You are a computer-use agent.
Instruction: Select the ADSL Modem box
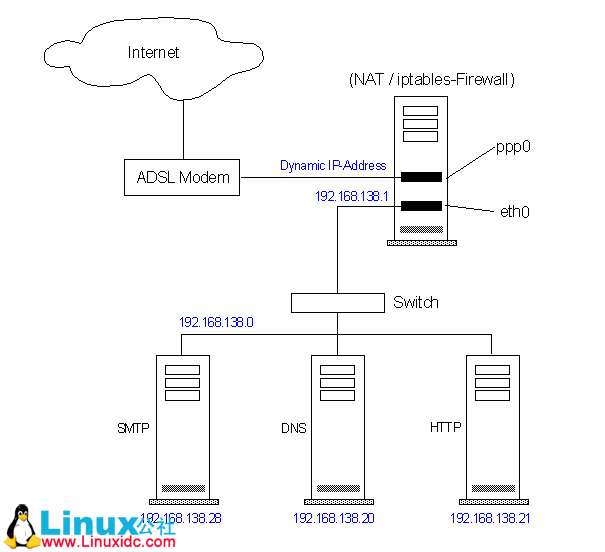pyautogui.click(x=183, y=178)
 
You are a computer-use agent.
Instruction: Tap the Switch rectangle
pyautogui.click(x=337, y=302)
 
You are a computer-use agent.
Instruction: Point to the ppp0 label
pyautogui.click(x=513, y=146)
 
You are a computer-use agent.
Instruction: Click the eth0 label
pyautogui.click(x=514, y=211)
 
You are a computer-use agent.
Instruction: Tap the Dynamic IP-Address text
pyautogui.click(x=333, y=165)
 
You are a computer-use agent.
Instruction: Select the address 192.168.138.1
pyautogui.click(x=351, y=196)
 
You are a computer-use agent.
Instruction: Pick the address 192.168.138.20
pyautogui.click(x=333, y=518)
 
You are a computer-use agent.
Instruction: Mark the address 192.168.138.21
pyautogui.click(x=489, y=518)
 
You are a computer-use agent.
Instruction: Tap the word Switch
pyautogui.click(x=415, y=302)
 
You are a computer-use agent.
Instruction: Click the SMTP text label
pyautogui.click(x=133, y=428)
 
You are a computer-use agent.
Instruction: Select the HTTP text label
pyautogui.click(x=445, y=428)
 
